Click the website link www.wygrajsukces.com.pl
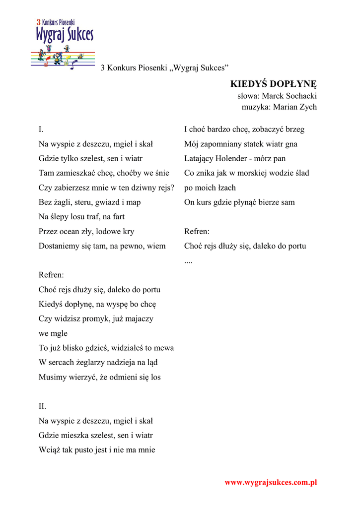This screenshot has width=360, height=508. pyautogui.click(x=271, y=482)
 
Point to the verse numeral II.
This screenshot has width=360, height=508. pyautogui.click(x=42, y=406)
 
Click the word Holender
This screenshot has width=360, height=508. pyautogui.click(x=235, y=159)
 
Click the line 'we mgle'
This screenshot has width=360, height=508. pyautogui.click(x=53, y=333)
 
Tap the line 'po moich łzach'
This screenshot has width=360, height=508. pyautogui.click(x=210, y=188)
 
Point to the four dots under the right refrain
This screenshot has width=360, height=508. pyautogui.click(x=188, y=260)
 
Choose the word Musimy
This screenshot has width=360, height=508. pyautogui.click(x=53, y=377)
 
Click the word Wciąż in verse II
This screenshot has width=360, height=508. pyautogui.click(x=49, y=450)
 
